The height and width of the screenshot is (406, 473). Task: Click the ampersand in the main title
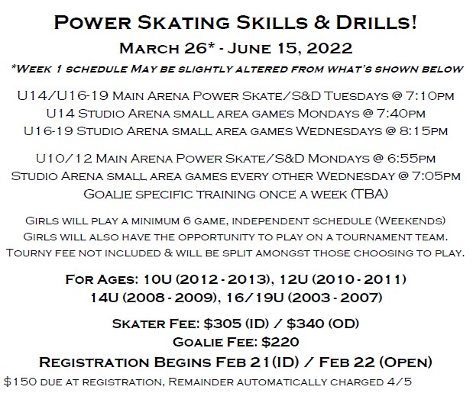pos(321,22)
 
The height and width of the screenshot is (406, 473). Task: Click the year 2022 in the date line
pos(329,48)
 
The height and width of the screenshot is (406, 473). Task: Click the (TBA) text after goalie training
pos(370,194)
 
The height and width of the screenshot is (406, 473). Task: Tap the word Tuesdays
pos(356,96)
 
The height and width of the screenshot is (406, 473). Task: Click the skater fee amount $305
pos(222,324)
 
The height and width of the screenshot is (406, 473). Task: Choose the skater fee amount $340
pos(305,324)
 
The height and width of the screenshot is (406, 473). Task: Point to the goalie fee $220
pos(280,342)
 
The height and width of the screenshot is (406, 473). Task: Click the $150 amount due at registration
pos(21,382)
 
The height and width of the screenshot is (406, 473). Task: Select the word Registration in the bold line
pos(94,362)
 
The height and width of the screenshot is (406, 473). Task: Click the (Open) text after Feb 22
pos(406,362)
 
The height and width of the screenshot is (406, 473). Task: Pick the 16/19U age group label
pos(254,298)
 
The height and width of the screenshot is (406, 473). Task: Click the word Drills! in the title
pos(376,22)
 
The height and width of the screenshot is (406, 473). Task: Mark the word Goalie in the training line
pos(108,194)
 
